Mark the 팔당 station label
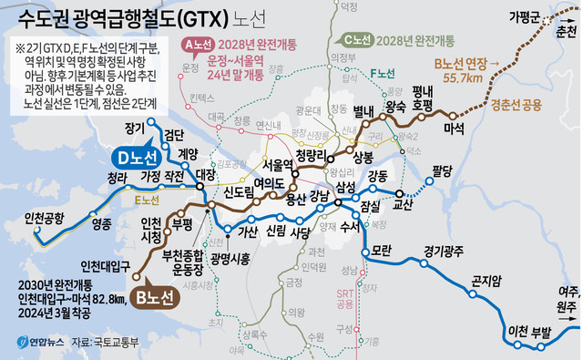point(443,170)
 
